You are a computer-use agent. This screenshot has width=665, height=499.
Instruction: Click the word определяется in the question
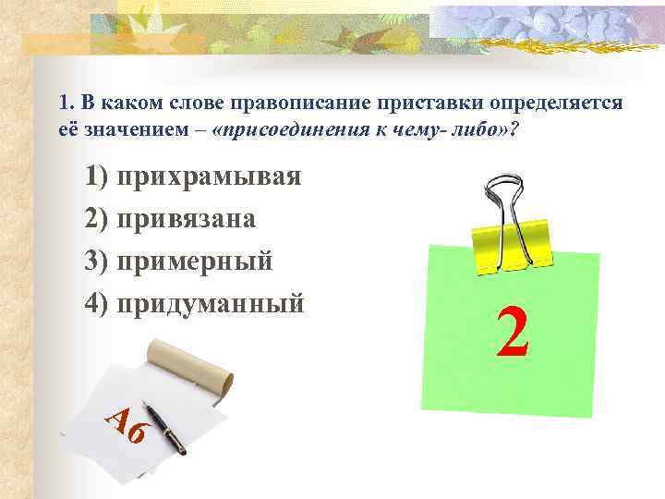coord(480,101)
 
